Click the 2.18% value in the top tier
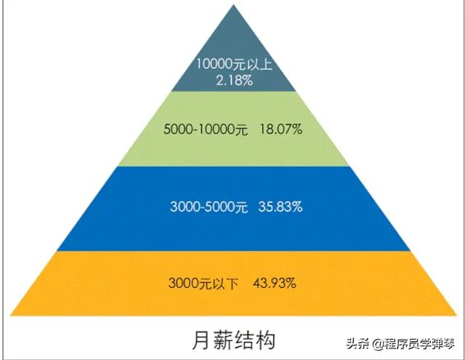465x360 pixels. (234, 81)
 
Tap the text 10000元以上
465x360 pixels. (234, 64)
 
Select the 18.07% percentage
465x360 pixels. (281, 129)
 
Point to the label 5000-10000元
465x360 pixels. (205, 129)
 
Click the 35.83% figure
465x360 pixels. (280, 207)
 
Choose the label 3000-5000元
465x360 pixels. (209, 207)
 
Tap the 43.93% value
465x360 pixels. (275, 283)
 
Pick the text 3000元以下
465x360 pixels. (203, 283)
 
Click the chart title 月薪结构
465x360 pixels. (234, 340)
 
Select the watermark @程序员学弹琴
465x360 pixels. (414, 344)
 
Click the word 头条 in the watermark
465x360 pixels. (358, 344)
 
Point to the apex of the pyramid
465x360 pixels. (234, 4)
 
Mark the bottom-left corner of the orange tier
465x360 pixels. (11, 316)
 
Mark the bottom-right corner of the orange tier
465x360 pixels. (457, 316)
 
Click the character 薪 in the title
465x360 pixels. (223, 340)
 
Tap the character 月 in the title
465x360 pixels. (202, 340)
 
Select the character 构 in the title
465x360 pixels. (266, 340)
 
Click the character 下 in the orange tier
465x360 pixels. (232, 284)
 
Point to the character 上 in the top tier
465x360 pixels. (265, 65)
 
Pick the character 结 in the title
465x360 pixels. (244, 340)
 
